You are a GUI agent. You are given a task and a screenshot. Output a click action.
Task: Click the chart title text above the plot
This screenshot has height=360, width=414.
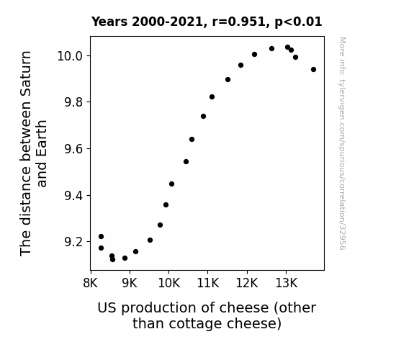[207, 22]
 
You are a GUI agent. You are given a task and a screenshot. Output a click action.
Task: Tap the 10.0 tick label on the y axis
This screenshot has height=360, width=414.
[71, 56]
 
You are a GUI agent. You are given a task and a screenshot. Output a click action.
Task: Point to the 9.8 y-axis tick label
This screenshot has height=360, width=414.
[74, 102]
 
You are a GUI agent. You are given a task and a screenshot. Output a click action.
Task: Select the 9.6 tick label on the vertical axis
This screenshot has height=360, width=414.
[74, 149]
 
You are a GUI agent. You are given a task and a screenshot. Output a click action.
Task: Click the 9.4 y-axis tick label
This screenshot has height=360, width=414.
[74, 196]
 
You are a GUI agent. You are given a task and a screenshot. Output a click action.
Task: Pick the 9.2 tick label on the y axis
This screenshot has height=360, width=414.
[74, 242]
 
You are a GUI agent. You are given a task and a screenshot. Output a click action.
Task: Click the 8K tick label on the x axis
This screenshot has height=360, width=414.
[90, 283]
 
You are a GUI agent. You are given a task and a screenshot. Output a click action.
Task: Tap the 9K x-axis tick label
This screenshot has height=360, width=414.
[130, 283]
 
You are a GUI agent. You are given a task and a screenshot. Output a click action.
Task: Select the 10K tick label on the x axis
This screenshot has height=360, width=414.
[169, 283]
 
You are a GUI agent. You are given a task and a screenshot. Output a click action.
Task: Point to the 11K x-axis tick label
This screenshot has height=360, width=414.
[208, 283]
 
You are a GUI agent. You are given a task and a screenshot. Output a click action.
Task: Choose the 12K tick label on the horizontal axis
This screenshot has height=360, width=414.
[247, 283]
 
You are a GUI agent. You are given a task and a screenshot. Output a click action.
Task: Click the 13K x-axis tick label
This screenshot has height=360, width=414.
[287, 283]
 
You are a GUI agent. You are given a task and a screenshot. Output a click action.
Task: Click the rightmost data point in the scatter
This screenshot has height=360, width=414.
[313, 69]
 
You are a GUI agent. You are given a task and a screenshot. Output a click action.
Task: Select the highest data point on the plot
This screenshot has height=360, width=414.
[287, 48]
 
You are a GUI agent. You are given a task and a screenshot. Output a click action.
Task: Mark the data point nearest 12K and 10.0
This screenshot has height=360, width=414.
[255, 55]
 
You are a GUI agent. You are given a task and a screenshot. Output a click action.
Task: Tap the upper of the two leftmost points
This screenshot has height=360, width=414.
[101, 236]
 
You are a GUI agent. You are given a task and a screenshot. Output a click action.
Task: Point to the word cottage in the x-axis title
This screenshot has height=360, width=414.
[195, 323]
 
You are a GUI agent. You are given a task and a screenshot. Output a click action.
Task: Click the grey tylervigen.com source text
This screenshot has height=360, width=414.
[342, 143]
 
